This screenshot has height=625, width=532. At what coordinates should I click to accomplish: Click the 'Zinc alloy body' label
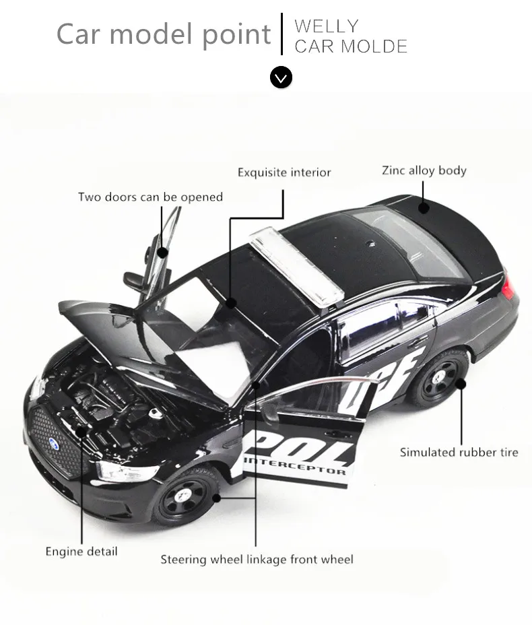tap(424, 170)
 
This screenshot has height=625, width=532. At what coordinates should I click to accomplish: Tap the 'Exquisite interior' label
tap(284, 172)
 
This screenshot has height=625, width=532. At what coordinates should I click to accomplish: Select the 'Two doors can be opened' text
tap(150, 197)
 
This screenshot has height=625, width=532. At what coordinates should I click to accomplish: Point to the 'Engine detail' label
tap(81, 552)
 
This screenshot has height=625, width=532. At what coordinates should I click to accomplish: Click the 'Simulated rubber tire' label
tap(459, 452)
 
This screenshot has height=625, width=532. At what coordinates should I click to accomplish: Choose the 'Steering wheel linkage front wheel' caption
tap(257, 559)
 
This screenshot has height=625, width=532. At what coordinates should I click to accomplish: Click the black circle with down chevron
tap(281, 77)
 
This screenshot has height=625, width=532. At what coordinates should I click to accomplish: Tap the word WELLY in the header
tap(327, 26)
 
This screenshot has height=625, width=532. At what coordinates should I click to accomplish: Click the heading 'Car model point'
tap(164, 34)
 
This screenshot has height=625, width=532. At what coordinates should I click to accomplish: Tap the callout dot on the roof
tap(423, 207)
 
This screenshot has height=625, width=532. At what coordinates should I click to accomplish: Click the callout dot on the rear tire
tap(461, 384)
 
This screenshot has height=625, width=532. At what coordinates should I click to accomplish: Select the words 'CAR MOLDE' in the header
tap(351, 46)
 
